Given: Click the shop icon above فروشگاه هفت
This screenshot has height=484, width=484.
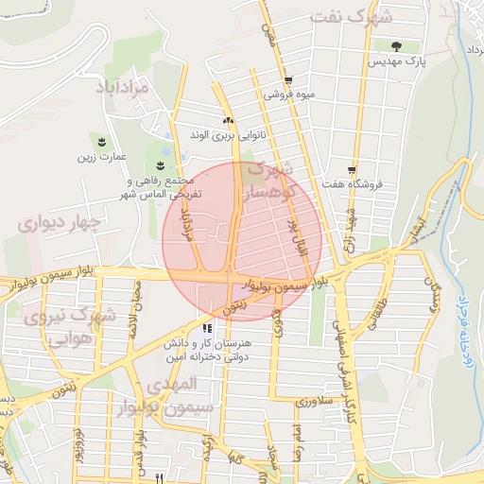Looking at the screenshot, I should pyautogui.click(x=352, y=169).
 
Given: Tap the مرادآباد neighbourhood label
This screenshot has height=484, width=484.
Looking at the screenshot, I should pyautogui.click(x=124, y=88).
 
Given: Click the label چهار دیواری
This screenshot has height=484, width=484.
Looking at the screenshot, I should pyautogui.click(x=56, y=223).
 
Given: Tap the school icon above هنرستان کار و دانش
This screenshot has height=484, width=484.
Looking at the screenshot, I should pyautogui.click(x=206, y=329).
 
